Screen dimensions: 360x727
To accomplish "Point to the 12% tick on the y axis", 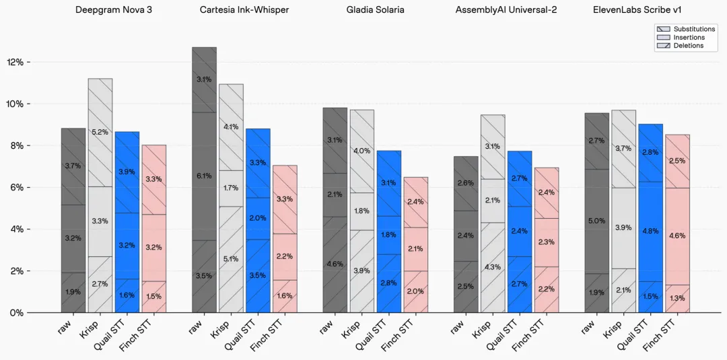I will pyautogui.click(x=15, y=62).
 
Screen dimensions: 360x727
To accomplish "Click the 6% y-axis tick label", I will pyautogui.click(x=17, y=187).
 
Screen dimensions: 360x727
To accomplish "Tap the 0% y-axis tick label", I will pyautogui.click(x=17, y=313).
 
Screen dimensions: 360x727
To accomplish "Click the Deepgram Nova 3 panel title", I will pyautogui.click(x=113, y=10).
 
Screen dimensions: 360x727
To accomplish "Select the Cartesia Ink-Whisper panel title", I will pyautogui.click(x=244, y=10).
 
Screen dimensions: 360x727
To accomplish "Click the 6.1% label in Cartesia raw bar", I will pyautogui.click(x=204, y=176).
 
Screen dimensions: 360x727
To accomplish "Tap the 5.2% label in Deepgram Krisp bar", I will pyautogui.click(x=100, y=132).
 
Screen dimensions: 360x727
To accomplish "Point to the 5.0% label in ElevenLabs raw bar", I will pyautogui.click(x=596, y=221).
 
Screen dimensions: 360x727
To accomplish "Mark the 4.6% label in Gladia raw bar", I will pyautogui.click(x=335, y=264).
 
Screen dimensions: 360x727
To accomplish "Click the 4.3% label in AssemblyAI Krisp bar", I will pyautogui.click(x=492, y=267).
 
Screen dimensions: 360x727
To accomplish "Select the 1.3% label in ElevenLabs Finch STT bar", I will pyautogui.click(x=677, y=298).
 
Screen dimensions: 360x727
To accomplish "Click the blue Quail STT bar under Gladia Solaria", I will pyautogui.click(x=388, y=232).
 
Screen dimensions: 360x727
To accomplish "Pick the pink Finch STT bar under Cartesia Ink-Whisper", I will pyautogui.click(x=284, y=239).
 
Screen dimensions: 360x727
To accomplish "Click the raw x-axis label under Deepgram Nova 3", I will pyautogui.click(x=66, y=326).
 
